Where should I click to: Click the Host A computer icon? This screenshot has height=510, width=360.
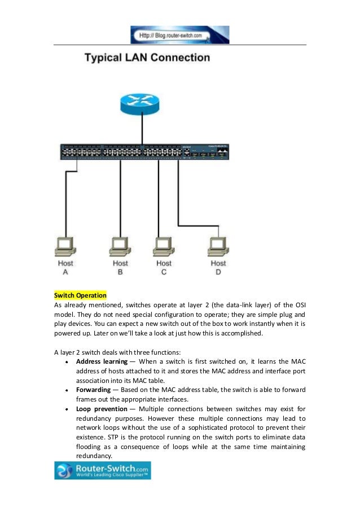click(65, 245)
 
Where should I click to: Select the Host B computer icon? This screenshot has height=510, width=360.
click(120, 245)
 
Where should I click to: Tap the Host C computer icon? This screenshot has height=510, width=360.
click(164, 245)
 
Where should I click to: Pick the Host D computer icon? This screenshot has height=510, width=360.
click(218, 245)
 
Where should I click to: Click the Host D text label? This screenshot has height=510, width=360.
click(218, 267)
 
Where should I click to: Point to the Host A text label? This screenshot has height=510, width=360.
click(65, 267)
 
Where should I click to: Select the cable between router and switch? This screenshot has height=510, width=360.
click(142, 131)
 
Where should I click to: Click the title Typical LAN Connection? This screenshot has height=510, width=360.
click(147, 58)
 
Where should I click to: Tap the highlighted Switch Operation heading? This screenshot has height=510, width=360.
click(80, 295)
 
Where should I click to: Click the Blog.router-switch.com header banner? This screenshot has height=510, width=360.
click(180, 35)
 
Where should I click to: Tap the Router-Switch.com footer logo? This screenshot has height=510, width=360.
click(94, 470)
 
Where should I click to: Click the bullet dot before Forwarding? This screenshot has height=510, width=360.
click(67, 390)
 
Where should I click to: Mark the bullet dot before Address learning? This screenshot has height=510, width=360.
click(67, 361)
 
